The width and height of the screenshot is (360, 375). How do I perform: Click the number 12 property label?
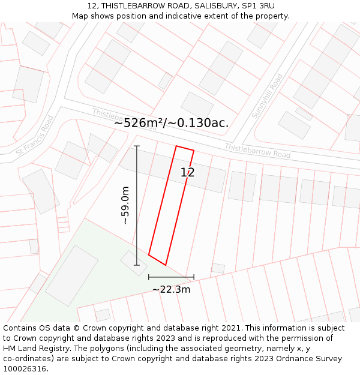[188, 173]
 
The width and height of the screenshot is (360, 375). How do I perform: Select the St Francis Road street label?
[35, 136]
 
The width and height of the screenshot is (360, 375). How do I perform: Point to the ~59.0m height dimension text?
[125, 205]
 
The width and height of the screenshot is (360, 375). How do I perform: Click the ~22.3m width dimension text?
[171, 289]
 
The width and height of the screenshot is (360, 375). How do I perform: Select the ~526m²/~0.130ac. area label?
[171, 123]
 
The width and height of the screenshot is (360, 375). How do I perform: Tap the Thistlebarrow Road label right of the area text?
[257, 151]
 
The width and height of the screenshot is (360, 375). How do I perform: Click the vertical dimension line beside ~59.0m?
[137, 204]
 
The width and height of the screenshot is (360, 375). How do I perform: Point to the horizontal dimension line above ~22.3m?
[171, 277]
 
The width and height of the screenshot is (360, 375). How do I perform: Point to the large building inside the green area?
[71, 275]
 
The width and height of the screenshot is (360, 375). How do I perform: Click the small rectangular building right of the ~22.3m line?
[218, 268]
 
